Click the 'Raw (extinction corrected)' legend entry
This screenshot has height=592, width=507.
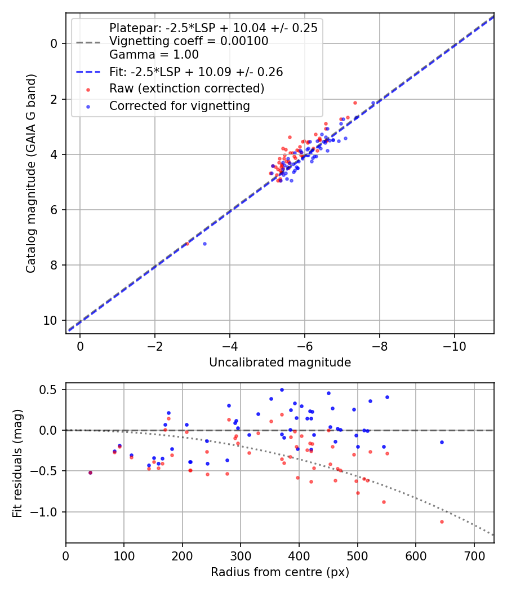click(x=186, y=89)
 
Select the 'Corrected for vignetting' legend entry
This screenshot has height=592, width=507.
click(x=180, y=106)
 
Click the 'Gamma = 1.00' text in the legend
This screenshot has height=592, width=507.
click(x=154, y=55)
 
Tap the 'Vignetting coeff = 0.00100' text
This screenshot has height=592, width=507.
click(x=189, y=41)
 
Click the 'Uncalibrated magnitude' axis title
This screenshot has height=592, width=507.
click(x=280, y=363)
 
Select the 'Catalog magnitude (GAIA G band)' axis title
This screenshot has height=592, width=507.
click(x=31, y=173)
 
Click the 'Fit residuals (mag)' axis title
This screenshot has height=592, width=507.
click(x=17, y=463)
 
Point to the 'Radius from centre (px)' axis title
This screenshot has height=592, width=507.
click(x=280, y=572)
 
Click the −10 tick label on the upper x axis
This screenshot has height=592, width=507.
click(x=454, y=346)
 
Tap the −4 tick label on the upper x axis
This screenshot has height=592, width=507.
click(x=229, y=346)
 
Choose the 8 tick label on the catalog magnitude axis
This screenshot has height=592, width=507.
click(x=54, y=266)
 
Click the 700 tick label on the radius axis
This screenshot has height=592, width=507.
click(x=474, y=556)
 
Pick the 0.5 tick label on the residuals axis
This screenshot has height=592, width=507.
click(x=49, y=390)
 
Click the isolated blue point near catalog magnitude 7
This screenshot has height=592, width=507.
click(x=205, y=244)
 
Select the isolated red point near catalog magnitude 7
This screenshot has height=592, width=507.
click(x=187, y=244)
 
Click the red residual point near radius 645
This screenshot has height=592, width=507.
click(x=442, y=522)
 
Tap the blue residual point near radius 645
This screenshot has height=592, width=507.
click(x=442, y=442)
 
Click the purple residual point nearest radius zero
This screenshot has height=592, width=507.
click(x=91, y=472)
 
